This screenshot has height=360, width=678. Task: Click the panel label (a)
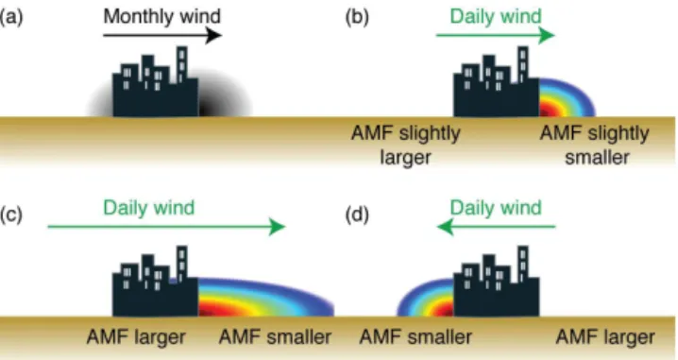pyautogui.click(x=11, y=17)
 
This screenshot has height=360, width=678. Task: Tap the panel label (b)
pyautogui.click(x=357, y=17)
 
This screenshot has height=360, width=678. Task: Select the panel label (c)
pyautogui.click(x=10, y=214)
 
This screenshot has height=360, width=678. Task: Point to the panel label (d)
pyautogui.click(x=357, y=214)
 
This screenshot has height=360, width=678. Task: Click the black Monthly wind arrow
pyautogui.click(x=162, y=35)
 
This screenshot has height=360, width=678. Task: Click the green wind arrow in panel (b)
pyautogui.click(x=496, y=35)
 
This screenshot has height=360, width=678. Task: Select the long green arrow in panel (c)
pyautogui.click(x=166, y=226)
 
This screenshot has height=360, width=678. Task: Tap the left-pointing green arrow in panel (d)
pyautogui.click(x=496, y=226)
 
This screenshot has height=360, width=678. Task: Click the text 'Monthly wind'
pyautogui.click(x=162, y=16)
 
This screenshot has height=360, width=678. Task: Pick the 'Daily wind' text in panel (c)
pyautogui.click(x=149, y=208)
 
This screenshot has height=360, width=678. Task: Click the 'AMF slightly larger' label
pyautogui.click(x=406, y=145)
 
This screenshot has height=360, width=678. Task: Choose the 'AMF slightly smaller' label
pyautogui.click(x=595, y=145)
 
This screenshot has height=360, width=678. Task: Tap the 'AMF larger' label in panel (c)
pyautogui.click(x=136, y=337)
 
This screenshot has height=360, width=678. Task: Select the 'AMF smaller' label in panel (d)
pyautogui.click(x=415, y=337)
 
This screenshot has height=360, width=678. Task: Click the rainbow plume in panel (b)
pyautogui.click(x=567, y=97)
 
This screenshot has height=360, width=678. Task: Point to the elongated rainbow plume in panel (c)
pyautogui.click(x=265, y=298)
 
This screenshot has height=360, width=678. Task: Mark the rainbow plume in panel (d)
pyautogui.click(x=426, y=298)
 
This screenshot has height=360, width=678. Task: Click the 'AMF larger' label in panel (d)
pyautogui.click(x=605, y=337)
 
